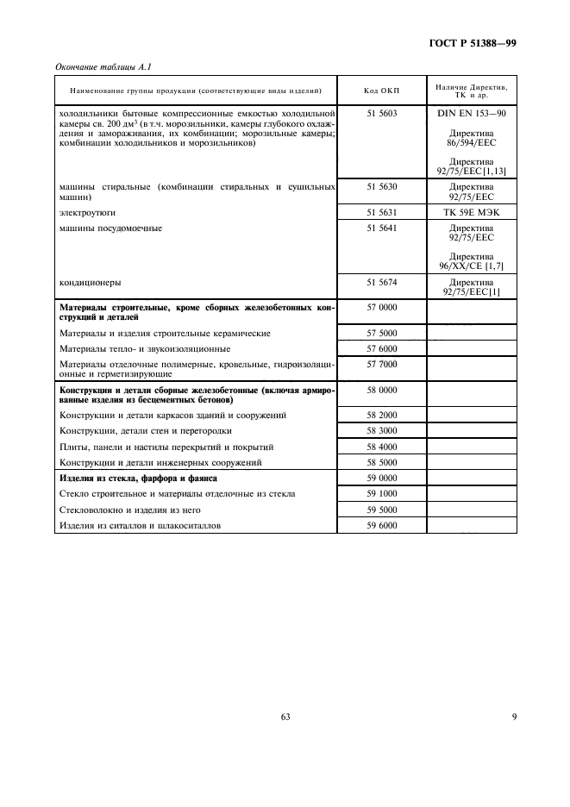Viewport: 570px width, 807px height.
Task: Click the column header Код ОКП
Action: click(x=380, y=91)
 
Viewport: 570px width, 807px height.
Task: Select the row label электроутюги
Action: click(x=87, y=211)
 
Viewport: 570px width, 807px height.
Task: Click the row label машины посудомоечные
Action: click(x=110, y=228)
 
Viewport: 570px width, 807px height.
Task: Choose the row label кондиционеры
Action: click(x=90, y=282)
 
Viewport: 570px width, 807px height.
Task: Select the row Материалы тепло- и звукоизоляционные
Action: click(x=144, y=348)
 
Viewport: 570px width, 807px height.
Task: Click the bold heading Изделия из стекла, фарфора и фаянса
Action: click(x=138, y=478)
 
